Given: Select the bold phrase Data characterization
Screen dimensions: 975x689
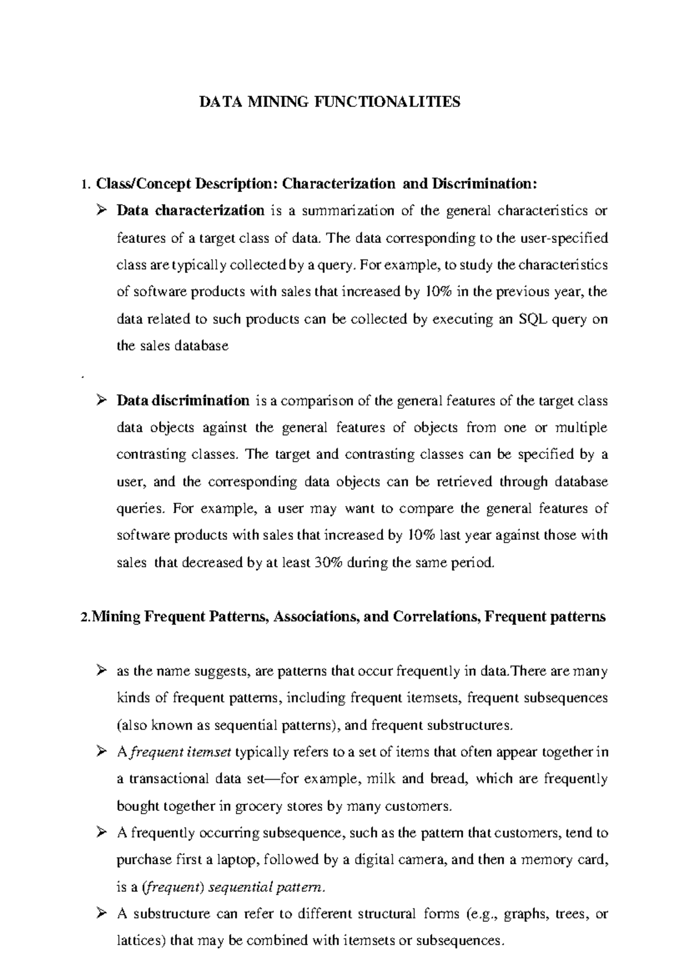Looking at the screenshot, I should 191,210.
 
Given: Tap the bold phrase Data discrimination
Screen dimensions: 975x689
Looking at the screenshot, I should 183,400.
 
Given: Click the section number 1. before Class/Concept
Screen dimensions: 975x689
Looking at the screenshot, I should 86,184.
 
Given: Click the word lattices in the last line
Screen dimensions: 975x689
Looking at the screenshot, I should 138,941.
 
